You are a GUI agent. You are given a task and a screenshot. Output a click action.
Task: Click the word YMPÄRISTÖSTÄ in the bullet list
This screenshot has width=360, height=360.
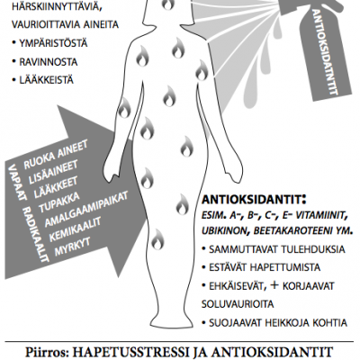tap(53, 43)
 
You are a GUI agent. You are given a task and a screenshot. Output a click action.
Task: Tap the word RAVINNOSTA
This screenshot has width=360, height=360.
tap(49, 62)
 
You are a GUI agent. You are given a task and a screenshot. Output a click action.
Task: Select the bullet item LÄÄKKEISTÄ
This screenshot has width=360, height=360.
tap(47, 80)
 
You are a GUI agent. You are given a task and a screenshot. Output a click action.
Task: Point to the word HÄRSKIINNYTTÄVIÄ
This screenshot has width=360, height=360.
tap(55, 6)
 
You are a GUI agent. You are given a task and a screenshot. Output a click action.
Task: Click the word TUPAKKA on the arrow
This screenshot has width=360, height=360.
tap(59, 202)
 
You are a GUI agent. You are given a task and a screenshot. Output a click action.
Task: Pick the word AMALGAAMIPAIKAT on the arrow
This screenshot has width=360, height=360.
tap(86, 208)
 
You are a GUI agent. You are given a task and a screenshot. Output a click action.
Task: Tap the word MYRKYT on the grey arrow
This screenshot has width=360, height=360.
tap(72, 247)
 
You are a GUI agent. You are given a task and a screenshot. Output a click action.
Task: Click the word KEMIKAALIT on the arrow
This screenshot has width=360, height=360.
tap(76, 229)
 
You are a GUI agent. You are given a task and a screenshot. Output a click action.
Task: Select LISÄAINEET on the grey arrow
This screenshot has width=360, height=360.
tap(53, 172)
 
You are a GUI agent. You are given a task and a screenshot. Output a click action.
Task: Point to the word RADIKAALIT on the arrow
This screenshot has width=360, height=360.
tap(35, 234)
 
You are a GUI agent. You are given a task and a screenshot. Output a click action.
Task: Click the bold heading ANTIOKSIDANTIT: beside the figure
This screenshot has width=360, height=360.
tap(254, 200)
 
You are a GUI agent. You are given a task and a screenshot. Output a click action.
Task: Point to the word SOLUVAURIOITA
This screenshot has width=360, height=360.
tap(238, 304)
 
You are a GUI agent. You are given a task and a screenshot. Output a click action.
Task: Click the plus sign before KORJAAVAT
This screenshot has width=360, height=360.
tap(274, 285)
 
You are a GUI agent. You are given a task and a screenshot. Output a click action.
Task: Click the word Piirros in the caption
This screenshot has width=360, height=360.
tap(47, 352)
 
